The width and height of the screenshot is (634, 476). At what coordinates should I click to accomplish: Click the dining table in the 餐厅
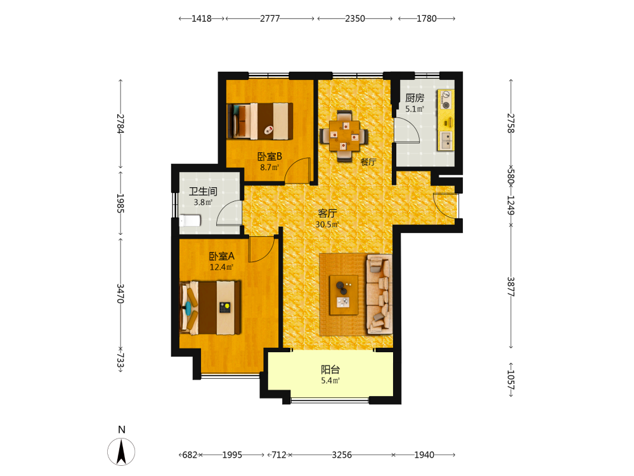(x=344, y=136)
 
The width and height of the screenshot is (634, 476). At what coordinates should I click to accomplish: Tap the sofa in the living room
(x=379, y=294)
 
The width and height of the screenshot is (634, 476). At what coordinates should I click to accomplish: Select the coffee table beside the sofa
(x=344, y=295)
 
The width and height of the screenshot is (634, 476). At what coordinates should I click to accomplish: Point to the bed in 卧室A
(x=210, y=308)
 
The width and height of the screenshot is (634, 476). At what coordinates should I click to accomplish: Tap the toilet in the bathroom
(x=190, y=221)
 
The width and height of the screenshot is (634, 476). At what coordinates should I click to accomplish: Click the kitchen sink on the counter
(x=446, y=140)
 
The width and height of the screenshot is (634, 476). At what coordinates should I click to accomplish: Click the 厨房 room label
(x=415, y=98)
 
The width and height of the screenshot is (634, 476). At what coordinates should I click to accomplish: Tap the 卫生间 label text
(x=203, y=192)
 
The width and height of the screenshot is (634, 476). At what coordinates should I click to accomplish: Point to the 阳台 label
(x=330, y=369)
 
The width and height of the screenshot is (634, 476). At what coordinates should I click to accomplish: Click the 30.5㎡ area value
(x=327, y=224)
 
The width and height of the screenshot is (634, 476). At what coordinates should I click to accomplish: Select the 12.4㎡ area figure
(x=221, y=267)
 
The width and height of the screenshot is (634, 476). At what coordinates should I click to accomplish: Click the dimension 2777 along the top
(x=269, y=18)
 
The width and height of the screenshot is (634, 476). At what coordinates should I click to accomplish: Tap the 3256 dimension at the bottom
(x=342, y=455)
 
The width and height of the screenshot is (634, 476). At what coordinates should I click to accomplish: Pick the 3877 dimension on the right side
(x=510, y=287)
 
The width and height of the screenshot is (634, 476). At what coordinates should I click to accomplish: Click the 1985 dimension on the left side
(x=120, y=203)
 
